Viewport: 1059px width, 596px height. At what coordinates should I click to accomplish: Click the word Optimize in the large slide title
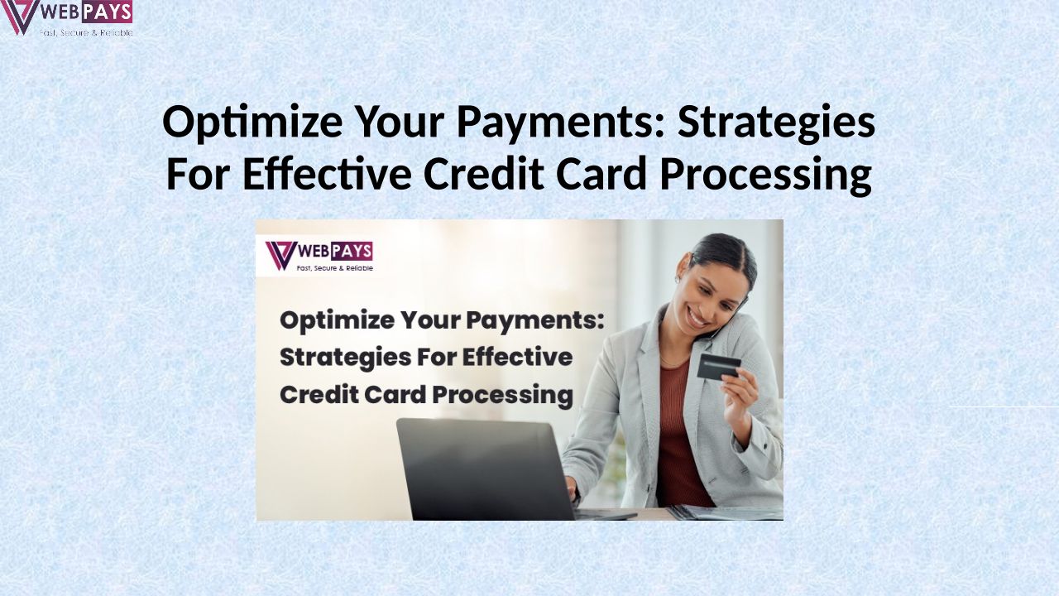pos(252,123)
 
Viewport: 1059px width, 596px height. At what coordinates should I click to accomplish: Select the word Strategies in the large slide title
pos(776,123)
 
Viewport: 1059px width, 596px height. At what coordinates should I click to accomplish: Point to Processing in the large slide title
pos(765,175)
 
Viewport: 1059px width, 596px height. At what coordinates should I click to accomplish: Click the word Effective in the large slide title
pos(327,173)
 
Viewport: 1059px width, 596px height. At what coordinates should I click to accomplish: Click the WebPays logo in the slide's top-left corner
pos(67,18)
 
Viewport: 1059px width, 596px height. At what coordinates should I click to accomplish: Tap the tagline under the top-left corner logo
pos(85,32)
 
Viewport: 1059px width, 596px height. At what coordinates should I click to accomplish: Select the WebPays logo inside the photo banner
pos(319,257)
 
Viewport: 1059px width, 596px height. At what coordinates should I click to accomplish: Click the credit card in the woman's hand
pos(719,367)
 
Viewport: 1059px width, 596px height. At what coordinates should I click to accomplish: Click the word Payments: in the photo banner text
pos(535,320)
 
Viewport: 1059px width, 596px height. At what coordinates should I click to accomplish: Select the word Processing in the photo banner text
pos(502,396)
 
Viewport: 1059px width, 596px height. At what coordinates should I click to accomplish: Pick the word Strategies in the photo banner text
pos(345,358)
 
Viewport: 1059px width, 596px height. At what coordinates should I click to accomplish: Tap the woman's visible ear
pos(679,276)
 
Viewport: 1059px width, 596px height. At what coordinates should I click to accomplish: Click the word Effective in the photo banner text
pos(517,357)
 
